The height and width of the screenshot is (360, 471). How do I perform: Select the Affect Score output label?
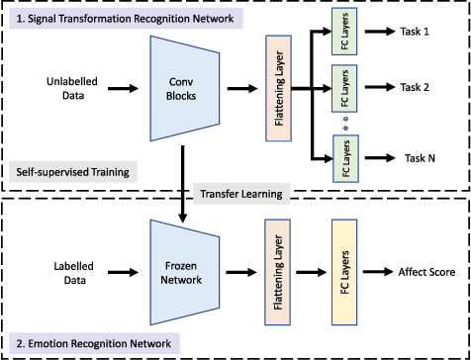(426, 273)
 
